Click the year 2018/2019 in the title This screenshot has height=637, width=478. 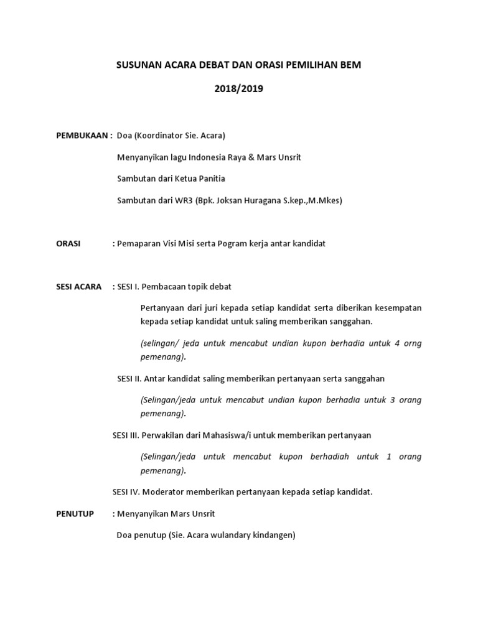(x=239, y=89)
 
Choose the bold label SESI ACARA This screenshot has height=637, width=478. (x=78, y=287)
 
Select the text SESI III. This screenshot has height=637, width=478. (x=126, y=435)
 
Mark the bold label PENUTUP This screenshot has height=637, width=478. (x=75, y=514)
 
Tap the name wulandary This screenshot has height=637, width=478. (x=232, y=535)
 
